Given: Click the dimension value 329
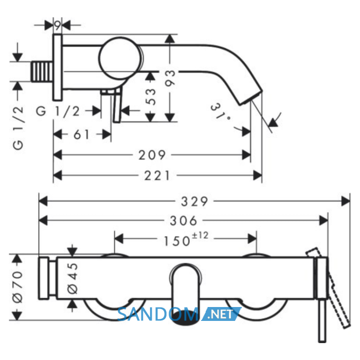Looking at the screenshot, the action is click(x=194, y=202).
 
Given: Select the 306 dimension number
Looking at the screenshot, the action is click(x=184, y=221).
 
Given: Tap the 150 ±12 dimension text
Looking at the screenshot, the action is click(x=186, y=240).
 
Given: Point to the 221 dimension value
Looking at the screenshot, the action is click(x=157, y=176).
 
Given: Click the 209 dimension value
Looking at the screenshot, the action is click(x=152, y=155).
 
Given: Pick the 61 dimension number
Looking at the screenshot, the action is click(x=81, y=135).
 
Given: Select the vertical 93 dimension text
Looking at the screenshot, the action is click(x=170, y=78).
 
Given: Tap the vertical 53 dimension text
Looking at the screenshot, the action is click(x=151, y=97).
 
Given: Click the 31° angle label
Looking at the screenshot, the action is click(x=220, y=112).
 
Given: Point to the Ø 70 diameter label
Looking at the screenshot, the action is click(x=18, y=287).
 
